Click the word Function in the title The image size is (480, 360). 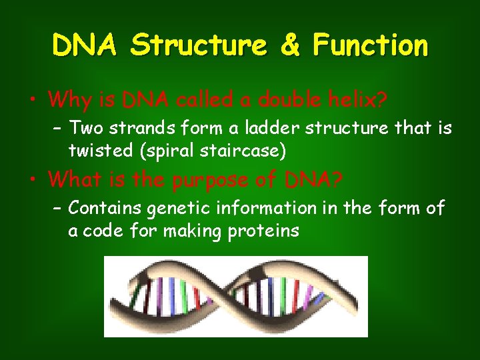(370, 46)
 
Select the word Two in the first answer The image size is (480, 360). (84, 127)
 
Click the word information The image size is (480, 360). (265, 208)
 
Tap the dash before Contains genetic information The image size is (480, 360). (57, 209)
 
